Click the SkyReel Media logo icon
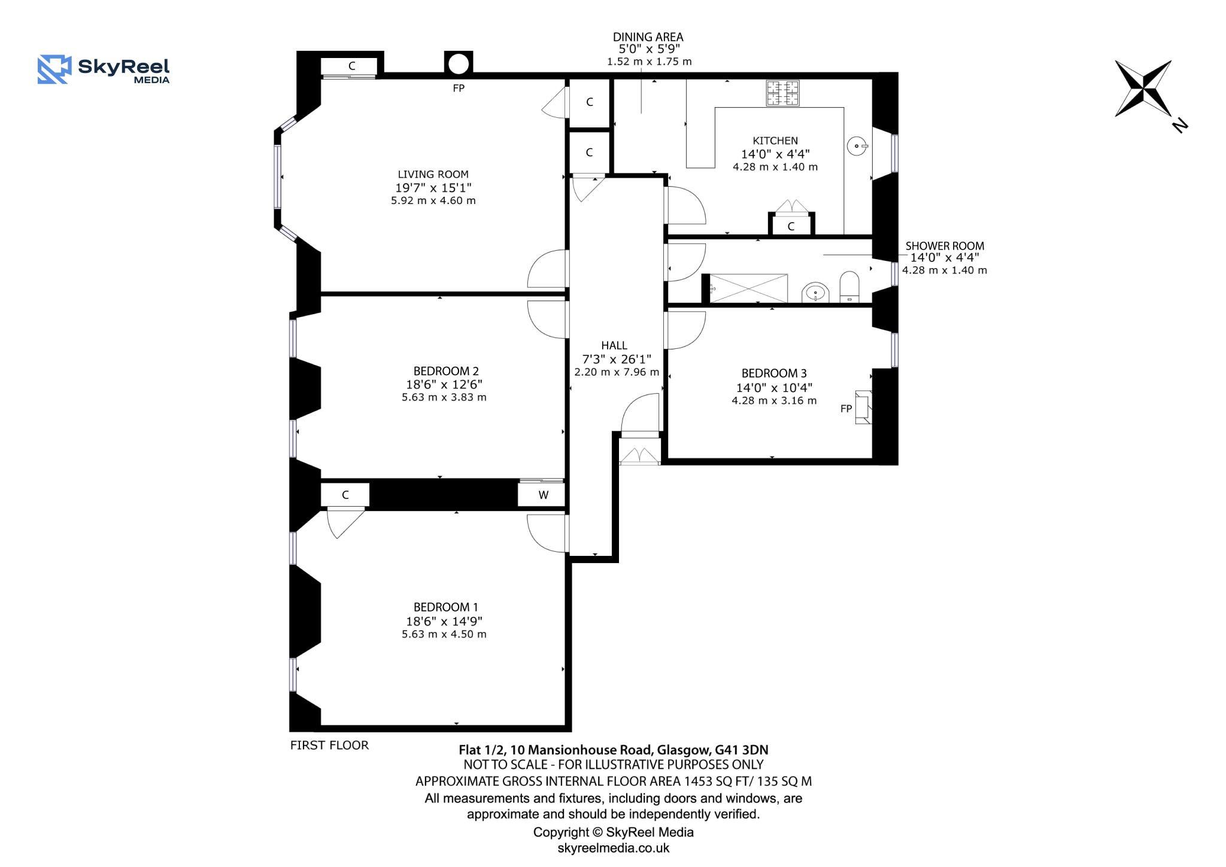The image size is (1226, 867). point(54,69)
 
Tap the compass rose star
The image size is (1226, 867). point(1143,89)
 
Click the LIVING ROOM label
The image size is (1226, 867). point(433,174)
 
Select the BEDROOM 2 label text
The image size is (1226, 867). point(446,371)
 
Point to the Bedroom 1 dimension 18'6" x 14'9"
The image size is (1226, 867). point(444,621)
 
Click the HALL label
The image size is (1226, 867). point(614,345)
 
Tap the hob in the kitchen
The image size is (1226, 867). point(782,93)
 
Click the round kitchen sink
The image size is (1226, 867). point(857,146)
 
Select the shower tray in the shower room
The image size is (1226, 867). point(748,288)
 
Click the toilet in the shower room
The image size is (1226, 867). point(849,287)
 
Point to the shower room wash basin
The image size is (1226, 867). point(815,293)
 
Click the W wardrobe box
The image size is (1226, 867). point(543,495)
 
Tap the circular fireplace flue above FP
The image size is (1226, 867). point(459,63)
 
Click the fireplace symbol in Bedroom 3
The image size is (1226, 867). point(863,407)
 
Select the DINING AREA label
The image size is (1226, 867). point(648,37)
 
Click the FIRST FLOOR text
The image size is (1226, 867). point(329,745)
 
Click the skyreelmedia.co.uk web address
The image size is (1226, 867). point(613,848)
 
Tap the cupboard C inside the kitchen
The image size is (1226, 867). point(791,226)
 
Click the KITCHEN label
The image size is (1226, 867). point(775,141)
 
